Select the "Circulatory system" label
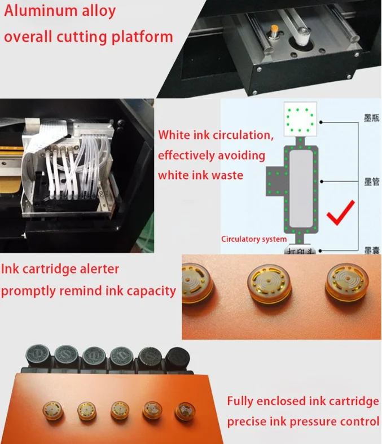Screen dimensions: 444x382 click(253, 239)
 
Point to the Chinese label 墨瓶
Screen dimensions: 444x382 click(371, 120)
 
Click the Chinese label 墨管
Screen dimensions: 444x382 click(371, 182)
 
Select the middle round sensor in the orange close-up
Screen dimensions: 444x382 click(267, 279)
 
